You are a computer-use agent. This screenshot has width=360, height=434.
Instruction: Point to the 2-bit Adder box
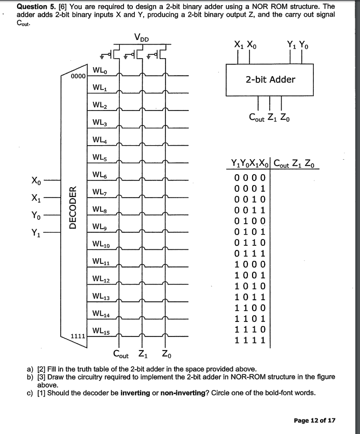270,79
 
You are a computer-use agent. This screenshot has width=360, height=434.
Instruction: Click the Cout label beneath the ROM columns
121,355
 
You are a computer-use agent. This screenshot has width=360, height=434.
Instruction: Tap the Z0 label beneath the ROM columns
164,355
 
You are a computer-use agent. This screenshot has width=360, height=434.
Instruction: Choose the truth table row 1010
251,285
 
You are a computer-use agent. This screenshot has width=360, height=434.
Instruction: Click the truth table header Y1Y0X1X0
251,165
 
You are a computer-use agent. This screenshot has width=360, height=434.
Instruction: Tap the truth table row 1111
251,341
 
